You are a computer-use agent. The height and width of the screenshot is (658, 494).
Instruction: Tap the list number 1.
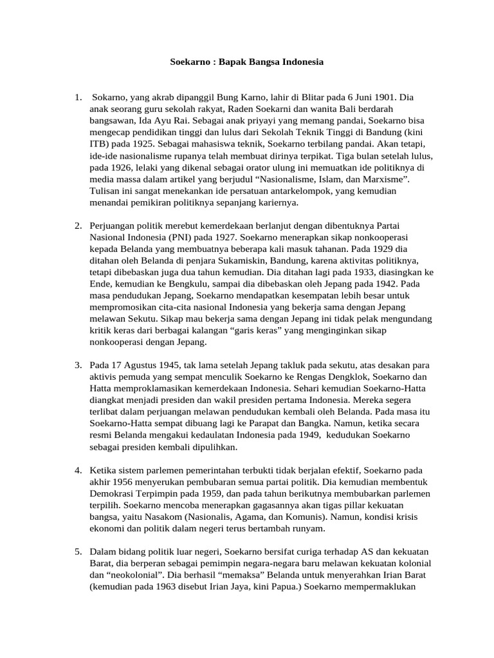77,98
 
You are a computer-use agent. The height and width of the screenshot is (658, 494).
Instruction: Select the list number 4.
77,470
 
